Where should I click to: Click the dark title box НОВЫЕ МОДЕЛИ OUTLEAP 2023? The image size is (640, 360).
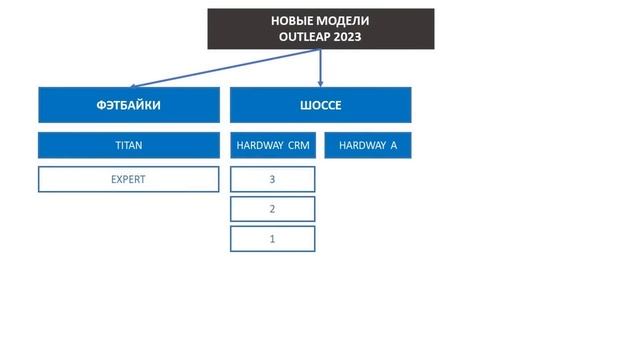point(321,29)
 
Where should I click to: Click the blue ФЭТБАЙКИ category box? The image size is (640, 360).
point(129,104)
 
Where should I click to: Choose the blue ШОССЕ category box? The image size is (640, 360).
point(320,104)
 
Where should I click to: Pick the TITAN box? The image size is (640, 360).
point(129,145)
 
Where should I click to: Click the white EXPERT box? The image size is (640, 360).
point(129,179)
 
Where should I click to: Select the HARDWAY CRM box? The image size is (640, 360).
point(273,145)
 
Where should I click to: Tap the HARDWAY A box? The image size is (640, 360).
point(367,145)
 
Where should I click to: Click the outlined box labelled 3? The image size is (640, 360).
point(273,179)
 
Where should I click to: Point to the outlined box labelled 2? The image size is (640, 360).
point(273,209)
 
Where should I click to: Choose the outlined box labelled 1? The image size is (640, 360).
point(273,239)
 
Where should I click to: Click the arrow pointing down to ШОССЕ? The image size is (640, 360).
point(320,70)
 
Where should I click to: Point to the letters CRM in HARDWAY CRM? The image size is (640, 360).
point(299,145)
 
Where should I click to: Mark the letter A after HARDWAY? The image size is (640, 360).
point(393,145)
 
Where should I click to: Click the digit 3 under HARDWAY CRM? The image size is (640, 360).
point(272,179)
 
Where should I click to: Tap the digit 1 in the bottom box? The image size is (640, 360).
point(272,239)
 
